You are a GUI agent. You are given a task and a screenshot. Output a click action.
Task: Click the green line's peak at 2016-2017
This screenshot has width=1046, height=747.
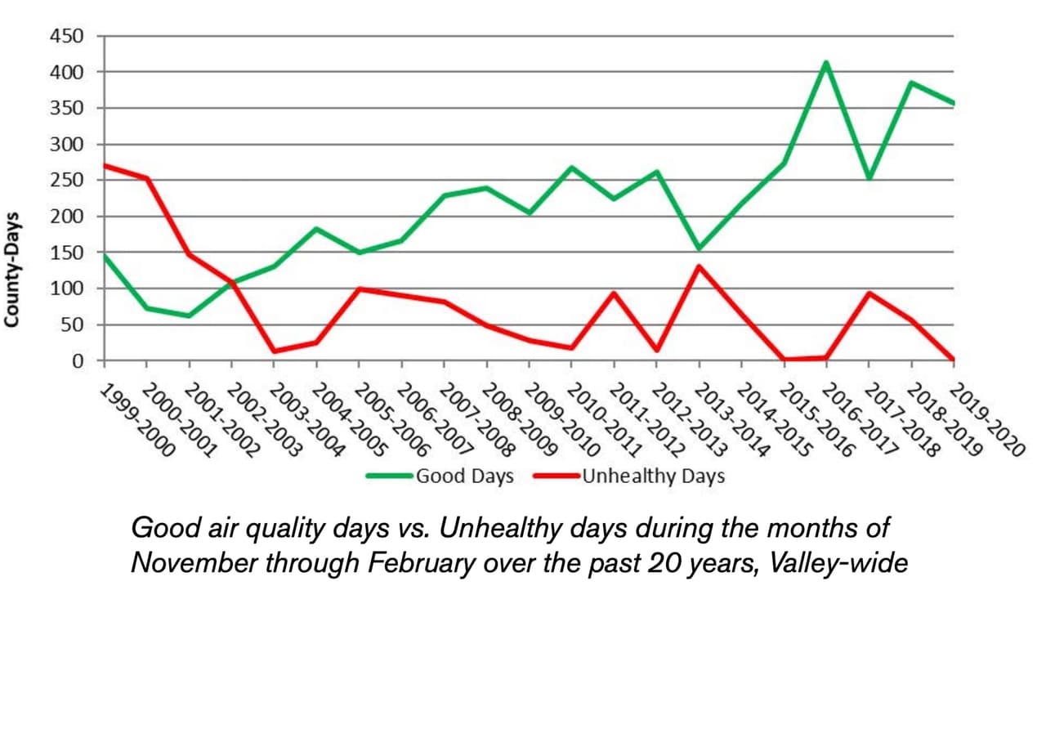coord(826,62)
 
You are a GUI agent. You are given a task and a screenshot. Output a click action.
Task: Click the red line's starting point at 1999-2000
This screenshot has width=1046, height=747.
coord(105,165)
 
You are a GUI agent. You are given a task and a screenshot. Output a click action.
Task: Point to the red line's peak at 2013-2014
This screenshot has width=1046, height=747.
coord(699,266)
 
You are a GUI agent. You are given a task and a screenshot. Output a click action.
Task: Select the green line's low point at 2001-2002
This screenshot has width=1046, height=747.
coord(190,315)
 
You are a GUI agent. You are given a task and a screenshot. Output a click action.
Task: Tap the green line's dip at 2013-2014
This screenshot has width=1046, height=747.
coord(699,248)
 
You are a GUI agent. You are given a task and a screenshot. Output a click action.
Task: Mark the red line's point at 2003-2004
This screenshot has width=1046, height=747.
coord(275,351)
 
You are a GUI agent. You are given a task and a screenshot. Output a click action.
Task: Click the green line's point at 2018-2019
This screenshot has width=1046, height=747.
coord(911,83)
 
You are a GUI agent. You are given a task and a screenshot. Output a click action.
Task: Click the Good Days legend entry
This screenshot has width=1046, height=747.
coord(464,476)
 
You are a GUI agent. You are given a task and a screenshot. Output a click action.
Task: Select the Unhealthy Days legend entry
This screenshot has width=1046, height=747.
coord(652,476)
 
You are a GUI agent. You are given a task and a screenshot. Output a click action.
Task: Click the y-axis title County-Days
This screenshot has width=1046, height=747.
coord(12,269)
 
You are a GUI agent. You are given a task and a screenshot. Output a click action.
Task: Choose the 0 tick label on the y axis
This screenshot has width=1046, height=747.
coord(78,360)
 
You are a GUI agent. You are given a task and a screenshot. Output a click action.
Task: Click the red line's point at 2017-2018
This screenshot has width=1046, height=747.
coord(869,293)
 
